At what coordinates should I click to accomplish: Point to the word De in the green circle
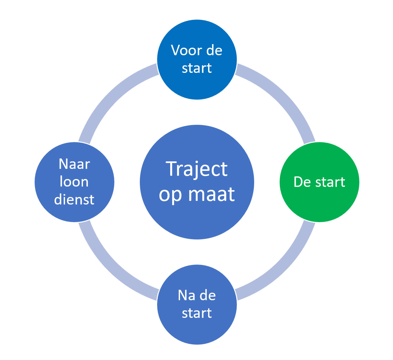302,182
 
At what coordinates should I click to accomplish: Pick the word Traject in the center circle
197,170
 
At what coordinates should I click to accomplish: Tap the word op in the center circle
170,195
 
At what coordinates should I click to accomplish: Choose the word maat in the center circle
211,194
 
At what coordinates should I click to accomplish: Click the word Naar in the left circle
74,164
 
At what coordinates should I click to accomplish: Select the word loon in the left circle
74,181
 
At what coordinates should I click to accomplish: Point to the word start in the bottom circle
197,313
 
